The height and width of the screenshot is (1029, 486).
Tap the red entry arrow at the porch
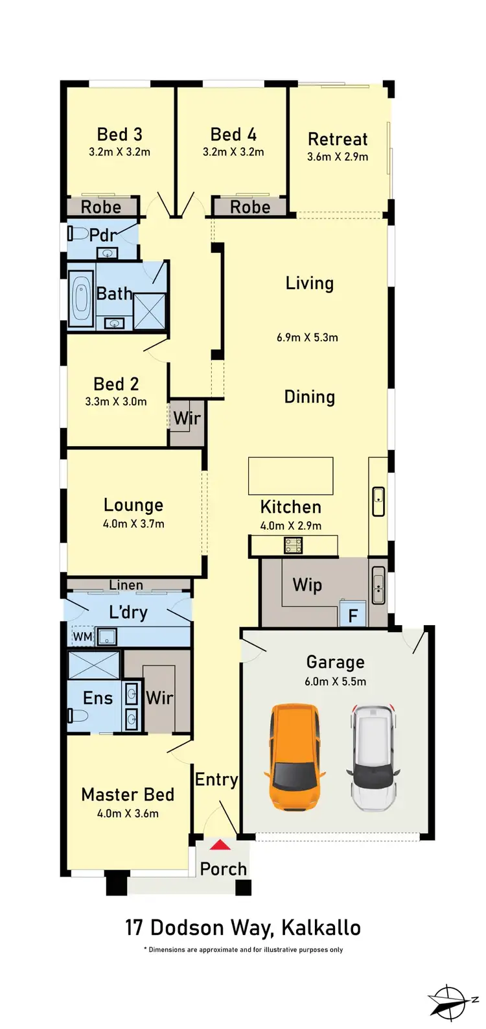click(221, 845)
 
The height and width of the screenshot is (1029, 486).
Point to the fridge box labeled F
click(353, 615)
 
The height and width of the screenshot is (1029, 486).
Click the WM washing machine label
click(82, 637)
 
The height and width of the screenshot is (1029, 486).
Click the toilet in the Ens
click(77, 716)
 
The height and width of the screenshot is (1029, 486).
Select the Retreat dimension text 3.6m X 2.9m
click(338, 157)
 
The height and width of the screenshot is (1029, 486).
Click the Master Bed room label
click(128, 794)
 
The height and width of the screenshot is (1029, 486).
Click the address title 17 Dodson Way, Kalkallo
click(243, 927)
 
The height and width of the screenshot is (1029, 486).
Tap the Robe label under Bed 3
click(101, 207)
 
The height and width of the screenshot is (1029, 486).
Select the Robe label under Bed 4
click(250, 207)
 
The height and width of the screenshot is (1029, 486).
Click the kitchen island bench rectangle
click(291, 476)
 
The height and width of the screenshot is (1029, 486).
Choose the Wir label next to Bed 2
click(187, 418)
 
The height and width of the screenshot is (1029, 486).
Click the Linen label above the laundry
click(126, 585)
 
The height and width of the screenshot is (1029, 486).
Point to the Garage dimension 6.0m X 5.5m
click(335, 681)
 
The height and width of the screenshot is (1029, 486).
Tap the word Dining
click(310, 397)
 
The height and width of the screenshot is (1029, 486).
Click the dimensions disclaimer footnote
click(243, 950)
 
